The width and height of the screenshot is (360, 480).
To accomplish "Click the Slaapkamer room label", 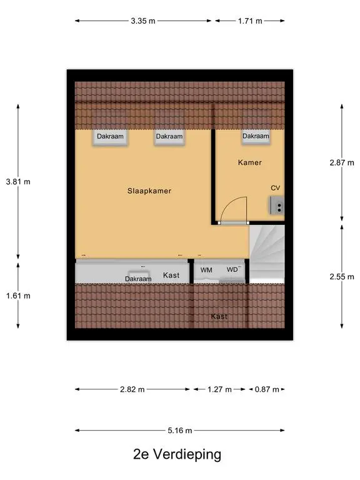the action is pyautogui.click(x=149, y=191).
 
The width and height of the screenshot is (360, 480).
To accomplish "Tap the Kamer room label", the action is pyautogui.click(x=250, y=162).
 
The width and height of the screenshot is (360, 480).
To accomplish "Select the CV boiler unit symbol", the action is pyautogui.click(x=277, y=205).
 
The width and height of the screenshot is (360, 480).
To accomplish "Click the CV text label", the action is pyautogui.click(x=275, y=188).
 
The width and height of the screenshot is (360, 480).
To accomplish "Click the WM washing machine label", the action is pyautogui.click(x=206, y=270).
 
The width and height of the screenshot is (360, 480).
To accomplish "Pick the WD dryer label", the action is pyautogui.click(x=232, y=270).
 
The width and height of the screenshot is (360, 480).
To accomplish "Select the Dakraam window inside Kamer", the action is pyautogui.click(x=256, y=136).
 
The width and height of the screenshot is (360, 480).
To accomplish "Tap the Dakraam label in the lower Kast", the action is pyautogui.click(x=138, y=279).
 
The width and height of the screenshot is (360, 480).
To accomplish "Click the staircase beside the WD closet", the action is pyautogui.click(x=267, y=254).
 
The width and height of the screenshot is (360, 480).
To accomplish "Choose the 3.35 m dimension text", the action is pyautogui.click(x=143, y=21).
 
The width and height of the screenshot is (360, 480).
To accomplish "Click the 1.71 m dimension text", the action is pyautogui.click(x=250, y=21).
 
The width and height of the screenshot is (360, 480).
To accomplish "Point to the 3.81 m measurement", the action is pyautogui.click(x=18, y=182).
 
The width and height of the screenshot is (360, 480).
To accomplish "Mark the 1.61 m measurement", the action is pyautogui.click(x=18, y=296).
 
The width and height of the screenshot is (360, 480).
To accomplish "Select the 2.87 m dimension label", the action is pyautogui.click(x=342, y=163).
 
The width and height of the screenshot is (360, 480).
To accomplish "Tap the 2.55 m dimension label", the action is pyautogui.click(x=342, y=277).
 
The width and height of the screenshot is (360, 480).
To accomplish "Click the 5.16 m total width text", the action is pyautogui.click(x=180, y=431).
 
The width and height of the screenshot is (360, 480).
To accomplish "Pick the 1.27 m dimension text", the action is pyautogui.click(x=219, y=389).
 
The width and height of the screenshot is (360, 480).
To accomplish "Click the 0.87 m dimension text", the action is pyautogui.click(x=267, y=389).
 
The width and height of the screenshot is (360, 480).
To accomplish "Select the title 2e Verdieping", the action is pyautogui.click(x=177, y=454).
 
